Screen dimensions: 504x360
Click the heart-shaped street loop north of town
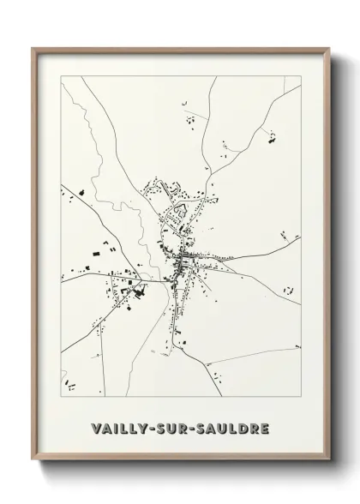pyautogui.click(x=181, y=207)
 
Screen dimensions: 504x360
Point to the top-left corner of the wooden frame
pyautogui.click(x=33, y=49)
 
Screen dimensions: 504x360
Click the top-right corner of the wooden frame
pyautogui.click(x=327, y=49)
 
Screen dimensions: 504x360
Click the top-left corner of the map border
pyautogui.click(x=61, y=76)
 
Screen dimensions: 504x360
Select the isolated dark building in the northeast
pyautogui.click(x=273, y=135)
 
